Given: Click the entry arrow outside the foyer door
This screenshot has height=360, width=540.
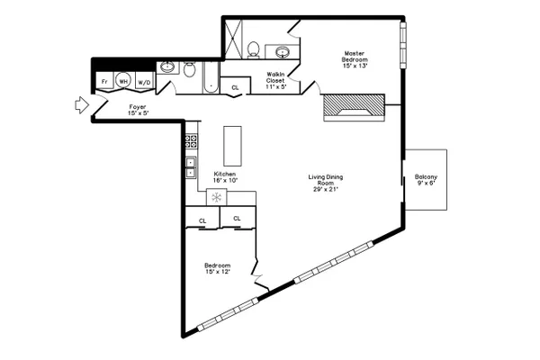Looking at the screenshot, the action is click(82, 104).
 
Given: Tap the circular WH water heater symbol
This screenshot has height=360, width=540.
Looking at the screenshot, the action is click(123, 81).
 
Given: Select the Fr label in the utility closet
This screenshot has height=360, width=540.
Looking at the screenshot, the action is click(104, 82).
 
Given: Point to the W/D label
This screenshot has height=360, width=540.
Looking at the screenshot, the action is click(144, 83).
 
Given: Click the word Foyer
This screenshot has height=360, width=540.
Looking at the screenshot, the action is click(138, 107).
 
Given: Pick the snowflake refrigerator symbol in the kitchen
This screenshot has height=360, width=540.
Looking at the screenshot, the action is click(216, 197).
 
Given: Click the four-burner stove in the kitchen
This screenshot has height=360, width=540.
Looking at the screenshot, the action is click(192, 141).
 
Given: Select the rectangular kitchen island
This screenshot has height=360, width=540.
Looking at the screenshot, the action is click(232, 146).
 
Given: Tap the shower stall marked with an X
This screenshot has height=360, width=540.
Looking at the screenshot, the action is click(233, 39).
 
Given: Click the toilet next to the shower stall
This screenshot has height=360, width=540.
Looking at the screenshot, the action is click(254, 50).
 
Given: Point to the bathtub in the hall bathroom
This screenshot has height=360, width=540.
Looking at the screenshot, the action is click(211, 77).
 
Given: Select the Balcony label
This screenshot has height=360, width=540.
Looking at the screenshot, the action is click(426, 176).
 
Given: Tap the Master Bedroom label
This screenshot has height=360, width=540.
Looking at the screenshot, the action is click(355, 57).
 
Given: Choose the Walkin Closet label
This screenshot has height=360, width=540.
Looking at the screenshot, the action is click(275, 77).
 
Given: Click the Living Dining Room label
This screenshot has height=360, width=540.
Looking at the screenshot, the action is click(326, 180).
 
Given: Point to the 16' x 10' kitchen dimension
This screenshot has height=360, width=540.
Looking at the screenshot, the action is click(226, 180).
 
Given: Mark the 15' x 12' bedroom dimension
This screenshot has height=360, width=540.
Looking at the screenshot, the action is click(217, 272).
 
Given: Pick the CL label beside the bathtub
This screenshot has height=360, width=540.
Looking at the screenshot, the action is click(235, 88).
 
